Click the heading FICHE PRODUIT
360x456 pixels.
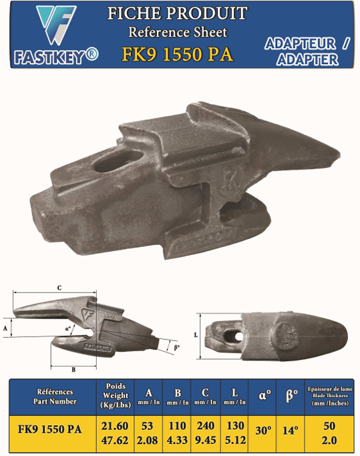pyautogui.click(x=177, y=13)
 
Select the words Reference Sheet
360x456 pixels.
pyautogui.click(x=177, y=31)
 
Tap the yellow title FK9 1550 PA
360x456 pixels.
pyautogui.click(x=177, y=53)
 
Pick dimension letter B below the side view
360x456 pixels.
pyautogui.click(x=73, y=369)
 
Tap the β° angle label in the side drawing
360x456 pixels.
pyautogui.click(x=176, y=347)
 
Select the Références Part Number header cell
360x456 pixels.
pyautogui.click(x=55, y=397)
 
